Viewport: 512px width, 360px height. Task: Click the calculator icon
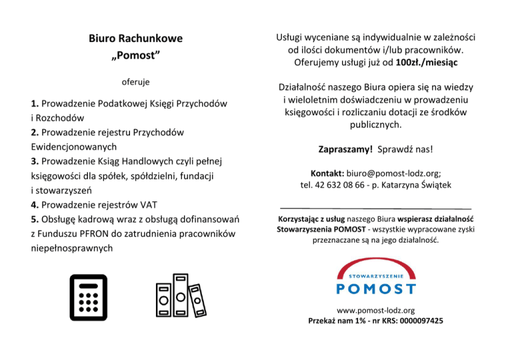pyautogui.click(x=88, y=297)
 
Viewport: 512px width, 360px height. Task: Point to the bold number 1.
pyautogui.click(x=34, y=104)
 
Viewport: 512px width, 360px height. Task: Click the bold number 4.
pyautogui.click(x=34, y=205)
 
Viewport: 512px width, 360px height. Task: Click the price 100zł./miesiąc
pyautogui.click(x=431, y=63)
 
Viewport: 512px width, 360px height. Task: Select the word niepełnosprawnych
pyautogui.click(x=71, y=248)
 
